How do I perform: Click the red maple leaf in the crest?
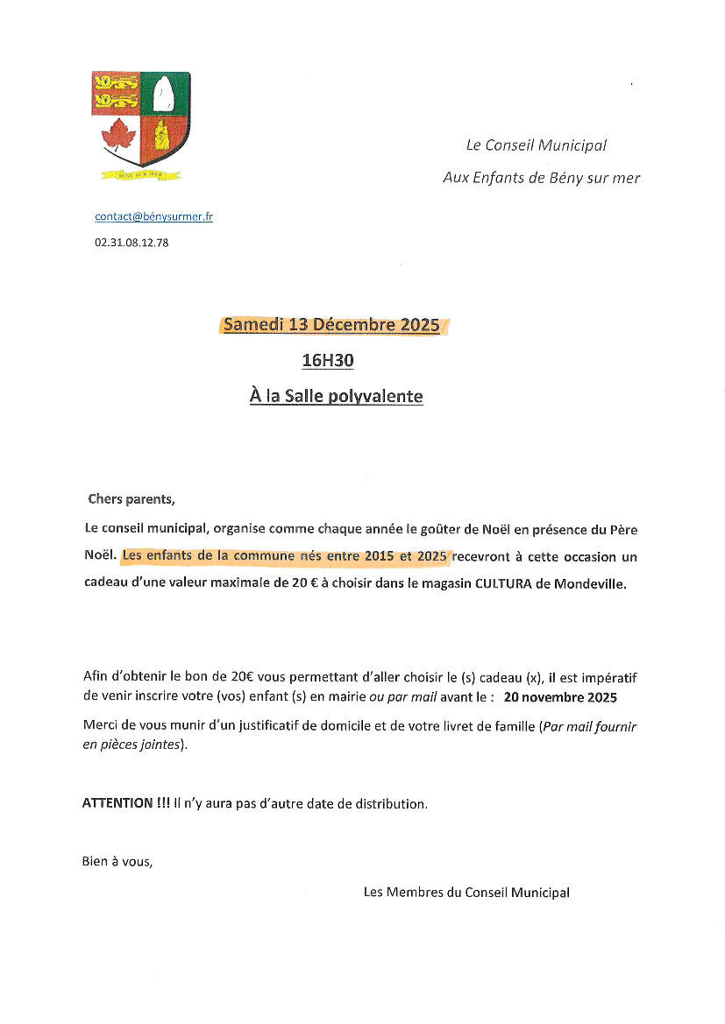(118, 137)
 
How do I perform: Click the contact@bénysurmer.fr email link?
(153, 216)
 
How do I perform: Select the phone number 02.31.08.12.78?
(131, 243)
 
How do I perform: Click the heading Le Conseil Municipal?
(536, 145)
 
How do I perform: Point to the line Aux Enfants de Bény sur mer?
(541, 178)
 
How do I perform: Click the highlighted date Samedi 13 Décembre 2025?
(331, 325)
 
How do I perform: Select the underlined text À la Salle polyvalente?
(336, 397)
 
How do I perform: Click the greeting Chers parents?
(131, 499)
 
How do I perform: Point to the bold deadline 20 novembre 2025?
(560, 698)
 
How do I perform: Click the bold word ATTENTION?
(117, 803)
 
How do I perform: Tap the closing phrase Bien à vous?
(117, 861)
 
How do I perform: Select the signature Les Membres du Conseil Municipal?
(466, 893)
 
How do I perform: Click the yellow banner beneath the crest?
(140, 174)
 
